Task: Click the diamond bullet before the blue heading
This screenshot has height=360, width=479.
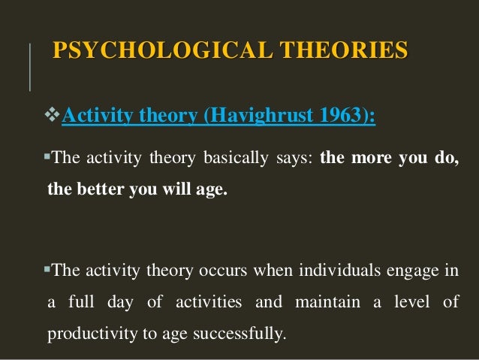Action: [53, 116]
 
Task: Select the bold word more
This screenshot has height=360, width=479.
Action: [372, 160]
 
